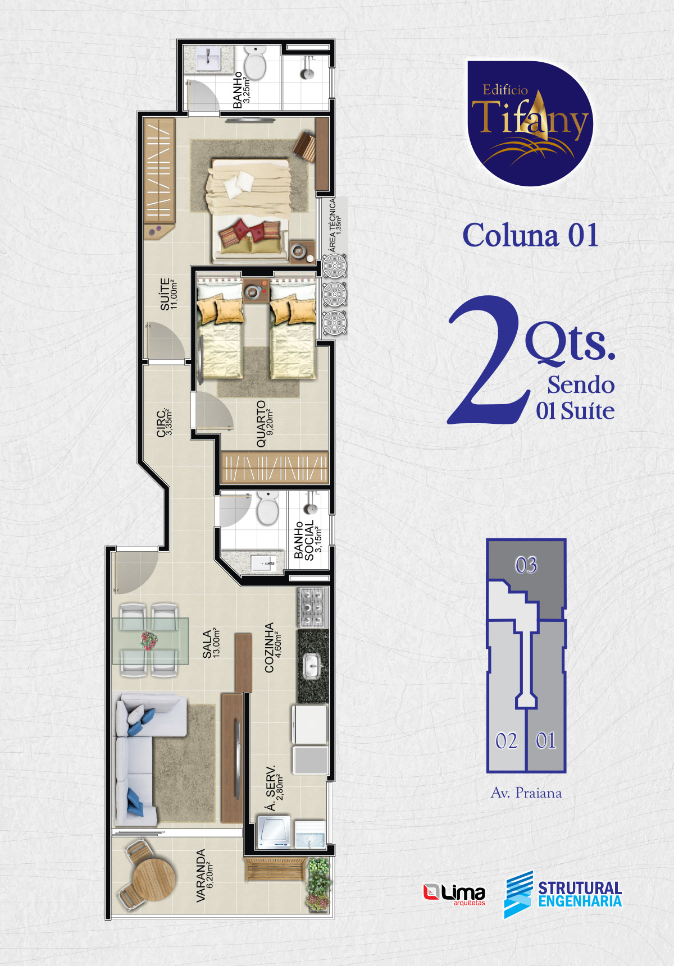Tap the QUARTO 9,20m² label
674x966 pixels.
pos(265,424)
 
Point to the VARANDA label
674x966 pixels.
pos(205,876)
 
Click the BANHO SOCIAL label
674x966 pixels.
pos(308,541)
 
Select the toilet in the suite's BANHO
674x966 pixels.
pos(256,63)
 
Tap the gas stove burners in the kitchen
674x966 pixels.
pos(313,607)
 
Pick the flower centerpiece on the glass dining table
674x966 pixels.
pos(149,640)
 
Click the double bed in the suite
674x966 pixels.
pos(250,210)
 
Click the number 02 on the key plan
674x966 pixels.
pos(507,741)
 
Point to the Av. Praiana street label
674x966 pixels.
pos(526,793)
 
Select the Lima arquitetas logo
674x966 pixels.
pos(454,894)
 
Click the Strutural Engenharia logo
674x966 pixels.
pos(563,894)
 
